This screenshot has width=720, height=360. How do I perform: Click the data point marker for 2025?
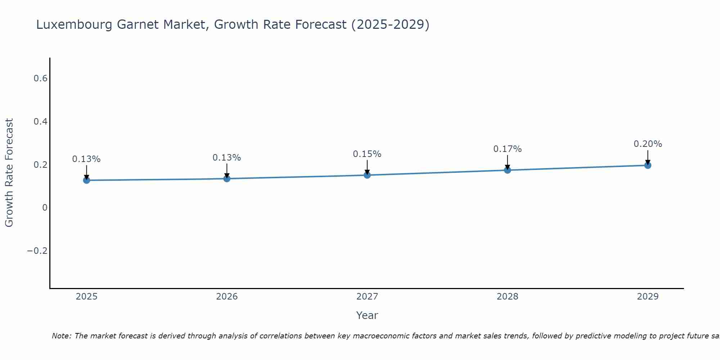[x=86, y=180]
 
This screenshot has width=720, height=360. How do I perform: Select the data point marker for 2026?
[x=227, y=178]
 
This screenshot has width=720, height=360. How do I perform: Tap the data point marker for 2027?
[x=367, y=175]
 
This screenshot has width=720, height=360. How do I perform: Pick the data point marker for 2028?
[x=507, y=170]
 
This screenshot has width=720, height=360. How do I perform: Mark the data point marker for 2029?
[x=648, y=165]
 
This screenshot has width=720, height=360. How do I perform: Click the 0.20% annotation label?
[x=648, y=144]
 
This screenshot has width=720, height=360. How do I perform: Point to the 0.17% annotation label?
[x=507, y=149]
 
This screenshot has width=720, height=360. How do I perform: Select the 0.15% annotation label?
[x=367, y=154]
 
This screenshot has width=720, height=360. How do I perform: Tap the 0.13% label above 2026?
[x=226, y=158]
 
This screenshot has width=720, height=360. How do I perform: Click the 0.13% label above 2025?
[x=86, y=159]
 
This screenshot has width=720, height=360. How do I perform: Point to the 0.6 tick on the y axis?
[x=41, y=78]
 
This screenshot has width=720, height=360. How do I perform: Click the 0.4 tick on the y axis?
[x=41, y=122]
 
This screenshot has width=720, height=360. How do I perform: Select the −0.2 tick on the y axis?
[x=37, y=251]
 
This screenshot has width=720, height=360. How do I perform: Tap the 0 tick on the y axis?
[x=45, y=208]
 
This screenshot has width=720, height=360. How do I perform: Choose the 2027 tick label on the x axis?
[x=367, y=297]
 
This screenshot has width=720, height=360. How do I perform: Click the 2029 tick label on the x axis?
[x=648, y=297]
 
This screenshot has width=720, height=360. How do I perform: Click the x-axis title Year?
[x=367, y=315]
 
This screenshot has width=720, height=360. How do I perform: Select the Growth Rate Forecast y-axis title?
[x=9, y=173]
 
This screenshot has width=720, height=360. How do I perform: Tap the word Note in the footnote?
[x=61, y=336]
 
